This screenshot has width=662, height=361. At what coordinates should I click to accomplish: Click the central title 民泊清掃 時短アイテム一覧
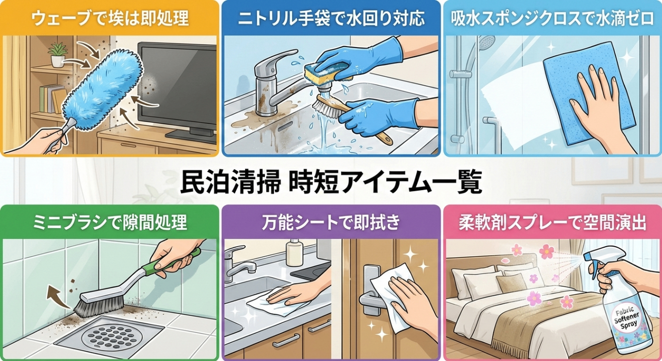click(x=331, y=182)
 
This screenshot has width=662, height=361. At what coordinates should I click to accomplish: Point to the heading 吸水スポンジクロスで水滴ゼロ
click(x=552, y=19)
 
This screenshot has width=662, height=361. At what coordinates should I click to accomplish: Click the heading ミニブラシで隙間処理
click(x=110, y=222)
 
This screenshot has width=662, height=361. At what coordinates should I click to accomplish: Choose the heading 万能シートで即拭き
click(x=331, y=222)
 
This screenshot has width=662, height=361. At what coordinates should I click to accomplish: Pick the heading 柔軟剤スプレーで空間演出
click(x=552, y=223)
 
